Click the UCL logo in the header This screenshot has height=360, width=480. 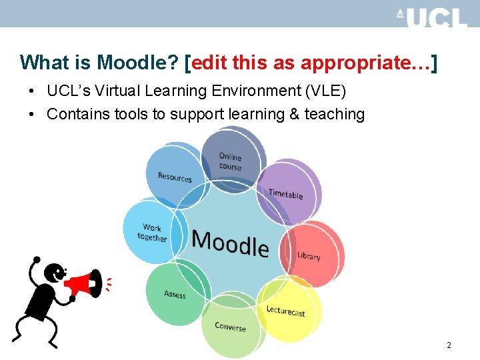(x=431, y=17)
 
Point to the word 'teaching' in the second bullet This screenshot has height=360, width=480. (x=335, y=114)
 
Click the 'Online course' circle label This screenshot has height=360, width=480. (x=230, y=161)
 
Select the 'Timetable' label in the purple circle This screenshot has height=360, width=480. (x=285, y=194)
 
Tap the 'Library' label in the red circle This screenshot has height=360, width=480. (x=309, y=256)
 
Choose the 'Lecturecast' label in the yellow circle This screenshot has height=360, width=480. (x=285, y=311)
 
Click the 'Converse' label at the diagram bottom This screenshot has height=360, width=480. (x=230, y=327)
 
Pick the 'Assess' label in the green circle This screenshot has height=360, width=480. (x=175, y=294)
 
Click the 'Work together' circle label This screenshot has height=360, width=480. (x=152, y=233)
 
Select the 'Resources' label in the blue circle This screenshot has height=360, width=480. (x=175, y=177)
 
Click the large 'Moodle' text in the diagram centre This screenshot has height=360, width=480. (x=230, y=243)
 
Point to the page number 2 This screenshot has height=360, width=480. (x=449, y=345)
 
